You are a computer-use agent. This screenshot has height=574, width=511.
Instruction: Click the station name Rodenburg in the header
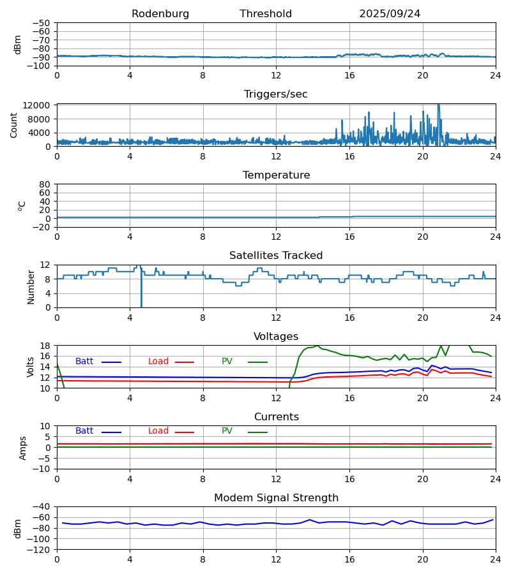pyautogui.click(x=160, y=14)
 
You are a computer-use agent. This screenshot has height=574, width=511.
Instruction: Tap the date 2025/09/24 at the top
pyautogui.click(x=390, y=14)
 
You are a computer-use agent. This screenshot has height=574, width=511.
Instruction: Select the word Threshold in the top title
pyautogui.click(x=266, y=14)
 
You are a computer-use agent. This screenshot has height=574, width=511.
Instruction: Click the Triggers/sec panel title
pyautogui.click(x=276, y=94)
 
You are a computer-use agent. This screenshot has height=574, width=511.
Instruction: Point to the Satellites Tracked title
pyautogui.click(x=276, y=256)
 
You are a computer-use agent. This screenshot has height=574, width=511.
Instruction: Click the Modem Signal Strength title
pyautogui.click(x=276, y=498)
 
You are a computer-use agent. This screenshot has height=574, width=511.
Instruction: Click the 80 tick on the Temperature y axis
pyautogui.click(x=45, y=184)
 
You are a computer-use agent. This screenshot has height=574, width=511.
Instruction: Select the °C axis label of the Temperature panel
pyautogui.click(x=22, y=205)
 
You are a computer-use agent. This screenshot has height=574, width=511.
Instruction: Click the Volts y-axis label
pyautogui.click(x=31, y=367)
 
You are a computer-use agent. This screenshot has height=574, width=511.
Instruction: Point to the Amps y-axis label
pyautogui.click(x=23, y=448)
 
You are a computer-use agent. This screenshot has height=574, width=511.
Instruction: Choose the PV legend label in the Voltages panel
pyautogui.click(x=227, y=362)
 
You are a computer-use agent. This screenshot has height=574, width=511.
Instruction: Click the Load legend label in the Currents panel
pyautogui.click(x=158, y=431)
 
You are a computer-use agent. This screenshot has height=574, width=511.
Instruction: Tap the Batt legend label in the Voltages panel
pyautogui.click(x=84, y=362)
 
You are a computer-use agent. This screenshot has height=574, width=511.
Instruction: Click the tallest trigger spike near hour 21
pyautogui.click(x=438, y=105)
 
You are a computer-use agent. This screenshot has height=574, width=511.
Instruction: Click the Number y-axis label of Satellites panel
pyautogui.click(x=31, y=286)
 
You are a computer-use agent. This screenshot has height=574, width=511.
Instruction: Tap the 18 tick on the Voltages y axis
pyautogui.click(x=45, y=346)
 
